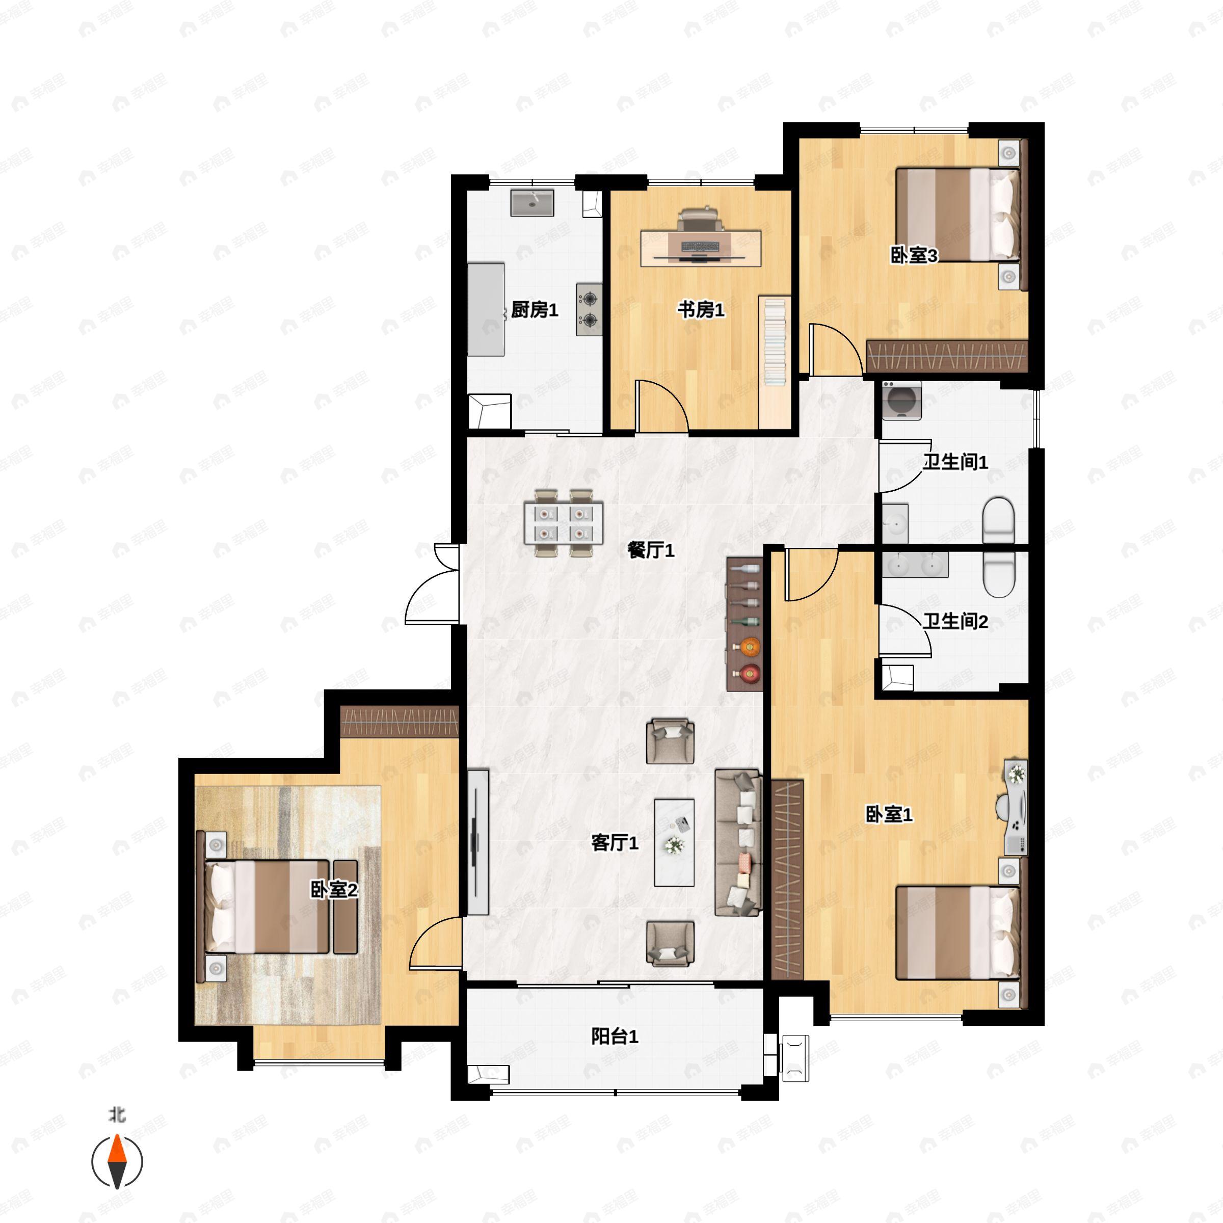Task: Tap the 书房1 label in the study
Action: tap(701, 310)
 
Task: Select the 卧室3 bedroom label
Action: tap(914, 255)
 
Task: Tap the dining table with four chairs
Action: tap(564, 523)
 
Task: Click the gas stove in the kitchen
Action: tap(589, 309)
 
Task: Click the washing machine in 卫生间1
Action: tap(902, 400)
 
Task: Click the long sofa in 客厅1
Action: tap(737, 842)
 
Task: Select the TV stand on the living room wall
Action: tap(478, 841)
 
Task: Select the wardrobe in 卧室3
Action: tap(946, 356)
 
